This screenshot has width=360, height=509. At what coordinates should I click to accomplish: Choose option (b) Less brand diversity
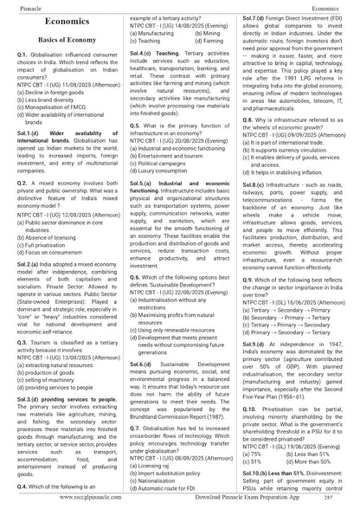tap(56, 124)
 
